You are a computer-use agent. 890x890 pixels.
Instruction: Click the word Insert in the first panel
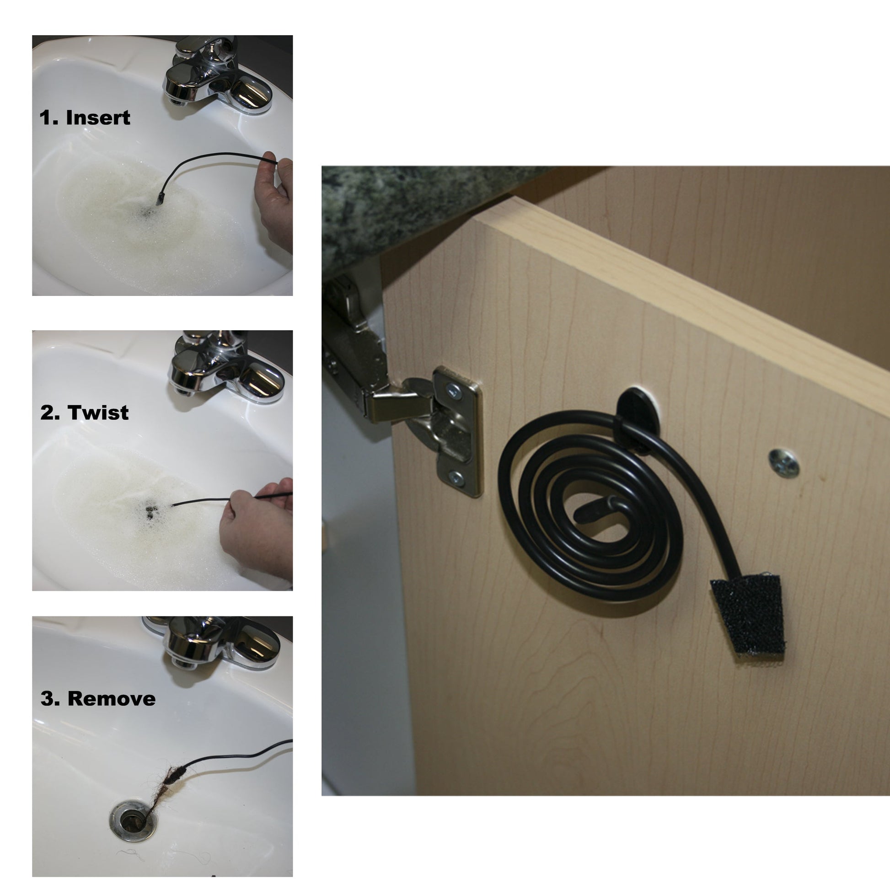pyautogui.click(x=98, y=118)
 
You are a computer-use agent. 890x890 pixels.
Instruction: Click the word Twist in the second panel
pyautogui.click(x=98, y=412)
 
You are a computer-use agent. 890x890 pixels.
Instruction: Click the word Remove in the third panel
pyautogui.click(x=112, y=698)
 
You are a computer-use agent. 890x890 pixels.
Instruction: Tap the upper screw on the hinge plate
pyautogui.click(x=454, y=391)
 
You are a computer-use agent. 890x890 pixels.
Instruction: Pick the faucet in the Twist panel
pyautogui.click(x=226, y=369)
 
